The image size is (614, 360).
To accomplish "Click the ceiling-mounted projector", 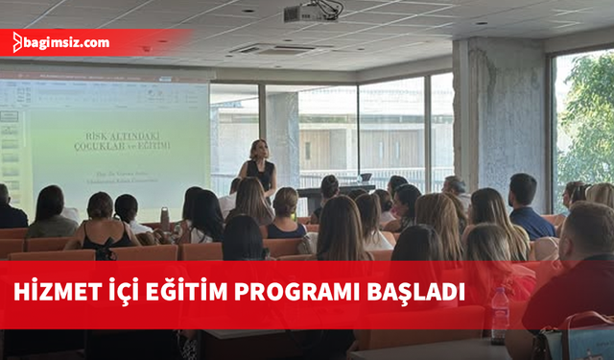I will [x=313, y=12].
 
